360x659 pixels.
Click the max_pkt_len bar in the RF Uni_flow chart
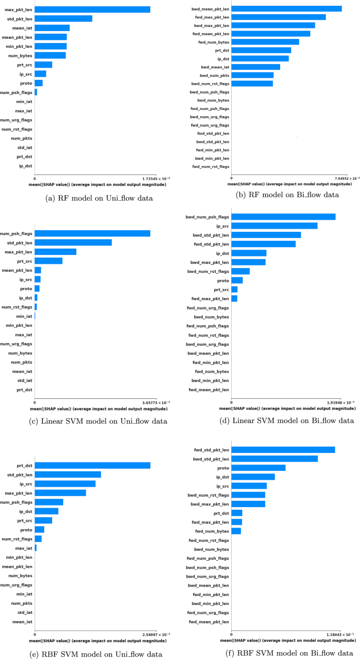pos(92,9)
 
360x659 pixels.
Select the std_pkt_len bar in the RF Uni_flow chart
pos(64,19)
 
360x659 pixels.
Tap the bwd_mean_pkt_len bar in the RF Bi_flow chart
pos(286,8)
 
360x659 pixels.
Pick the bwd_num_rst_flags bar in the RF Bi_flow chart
pos(252,84)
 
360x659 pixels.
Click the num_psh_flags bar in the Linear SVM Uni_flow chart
pos(92,233)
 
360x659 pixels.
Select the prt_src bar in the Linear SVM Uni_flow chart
pos(48,261)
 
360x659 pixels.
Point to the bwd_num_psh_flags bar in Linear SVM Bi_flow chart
pos(283,217)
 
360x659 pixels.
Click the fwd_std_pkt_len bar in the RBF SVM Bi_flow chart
pos(283,449)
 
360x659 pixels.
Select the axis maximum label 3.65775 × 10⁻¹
pos(150,403)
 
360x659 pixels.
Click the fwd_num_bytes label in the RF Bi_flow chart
pos(213,42)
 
